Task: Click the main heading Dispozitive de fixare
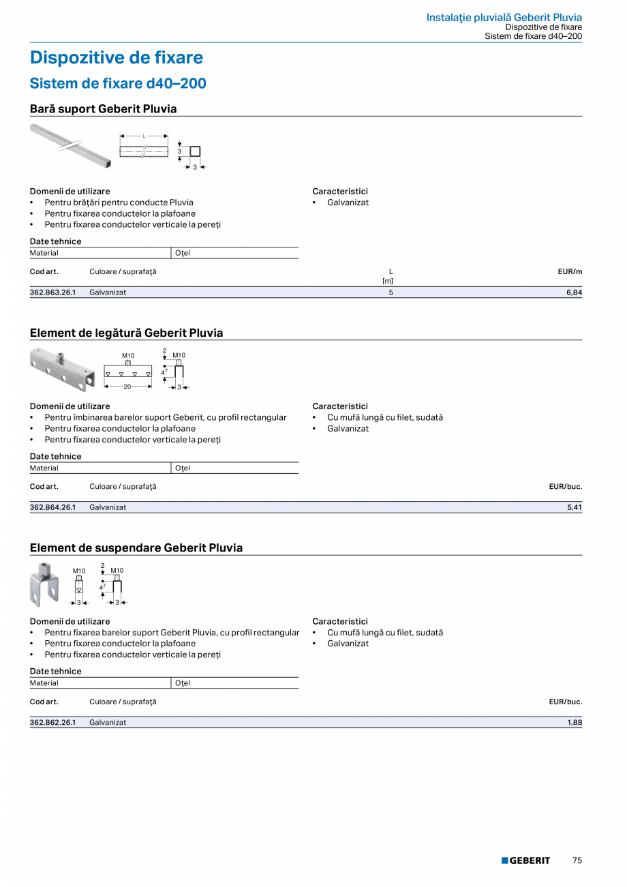(117, 58)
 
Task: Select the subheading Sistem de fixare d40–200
(118, 83)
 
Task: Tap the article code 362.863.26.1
(52, 292)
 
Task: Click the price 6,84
(574, 292)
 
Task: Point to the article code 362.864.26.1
(52, 507)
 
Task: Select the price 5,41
(574, 507)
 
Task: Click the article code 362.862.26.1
(52, 722)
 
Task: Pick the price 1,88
(574, 722)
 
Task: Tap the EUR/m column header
(570, 271)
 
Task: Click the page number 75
(577, 860)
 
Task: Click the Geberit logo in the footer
(525, 860)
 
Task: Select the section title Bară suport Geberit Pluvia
(103, 109)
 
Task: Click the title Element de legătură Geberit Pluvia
(126, 333)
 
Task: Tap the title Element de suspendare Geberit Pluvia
(136, 548)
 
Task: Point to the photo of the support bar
(70, 145)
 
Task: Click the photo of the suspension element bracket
(44, 585)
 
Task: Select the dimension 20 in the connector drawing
(127, 387)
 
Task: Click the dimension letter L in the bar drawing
(144, 135)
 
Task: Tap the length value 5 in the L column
(391, 292)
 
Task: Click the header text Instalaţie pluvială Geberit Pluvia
(504, 17)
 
